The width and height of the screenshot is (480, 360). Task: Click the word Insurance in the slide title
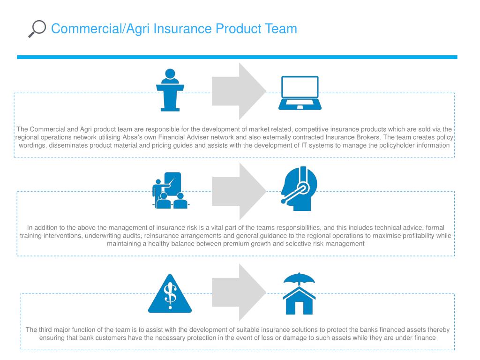coord(175,29)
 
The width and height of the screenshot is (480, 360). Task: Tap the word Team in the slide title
coord(280,29)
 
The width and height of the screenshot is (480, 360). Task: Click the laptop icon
coord(300,93)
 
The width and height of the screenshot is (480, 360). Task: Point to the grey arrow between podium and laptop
coord(238,91)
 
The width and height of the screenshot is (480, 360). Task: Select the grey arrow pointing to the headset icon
coord(238,191)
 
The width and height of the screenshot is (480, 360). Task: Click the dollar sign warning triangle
coord(170,294)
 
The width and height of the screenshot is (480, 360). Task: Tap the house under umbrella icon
coord(300,294)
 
